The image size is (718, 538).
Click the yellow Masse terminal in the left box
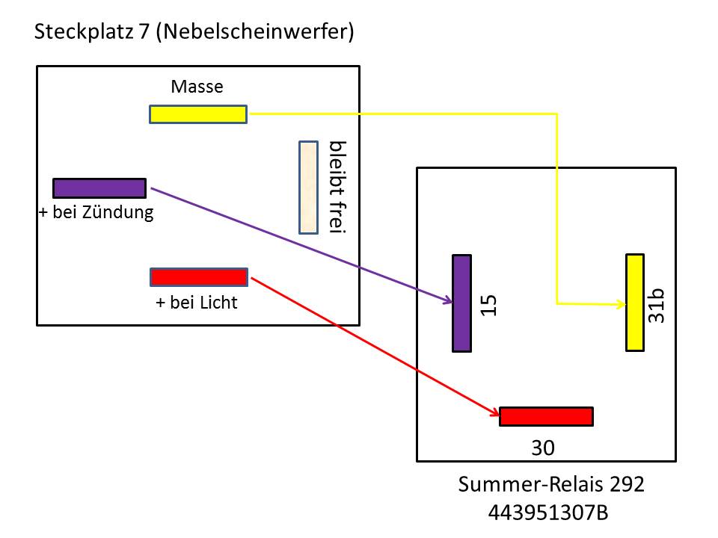coord(198,114)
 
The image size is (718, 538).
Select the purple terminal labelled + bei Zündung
coord(99,188)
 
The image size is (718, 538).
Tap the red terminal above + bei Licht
coord(199,277)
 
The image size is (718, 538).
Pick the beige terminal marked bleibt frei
coord(309,187)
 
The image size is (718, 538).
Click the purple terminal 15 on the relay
coord(461,303)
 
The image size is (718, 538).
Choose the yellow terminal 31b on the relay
coord(635,303)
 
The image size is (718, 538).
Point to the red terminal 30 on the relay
coord(546,416)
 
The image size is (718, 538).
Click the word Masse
coord(197,87)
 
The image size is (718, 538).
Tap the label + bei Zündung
coord(96,212)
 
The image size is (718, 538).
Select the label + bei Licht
coord(196,303)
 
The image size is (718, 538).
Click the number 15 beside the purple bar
coord(488,304)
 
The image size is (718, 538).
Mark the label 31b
coord(657,306)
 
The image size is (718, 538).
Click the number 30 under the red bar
coord(544,448)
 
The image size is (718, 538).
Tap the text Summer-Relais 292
coord(551,484)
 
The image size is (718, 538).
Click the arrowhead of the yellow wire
coord(622,304)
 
